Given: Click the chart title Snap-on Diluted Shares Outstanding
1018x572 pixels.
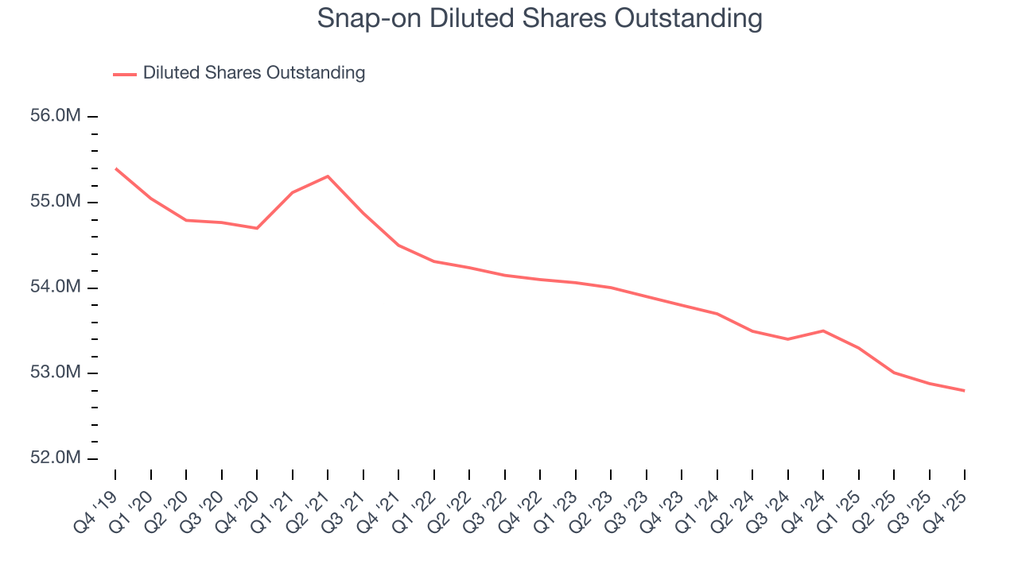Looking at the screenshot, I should (x=540, y=18).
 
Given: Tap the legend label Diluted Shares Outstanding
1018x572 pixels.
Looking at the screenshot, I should (x=254, y=73).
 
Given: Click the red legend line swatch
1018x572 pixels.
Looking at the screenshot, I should (x=125, y=74).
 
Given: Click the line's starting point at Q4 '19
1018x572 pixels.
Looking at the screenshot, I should (x=115, y=168).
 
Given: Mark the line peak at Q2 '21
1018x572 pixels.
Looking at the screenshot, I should (x=328, y=176).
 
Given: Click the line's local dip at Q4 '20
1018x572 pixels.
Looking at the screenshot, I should (x=257, y=228).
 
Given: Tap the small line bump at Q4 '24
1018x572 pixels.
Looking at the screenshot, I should (x=823, y=330).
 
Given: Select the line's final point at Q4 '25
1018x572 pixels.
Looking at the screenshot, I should (x=965, y=390).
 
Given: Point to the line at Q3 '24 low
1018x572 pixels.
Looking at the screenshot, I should (x=787, y=339).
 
